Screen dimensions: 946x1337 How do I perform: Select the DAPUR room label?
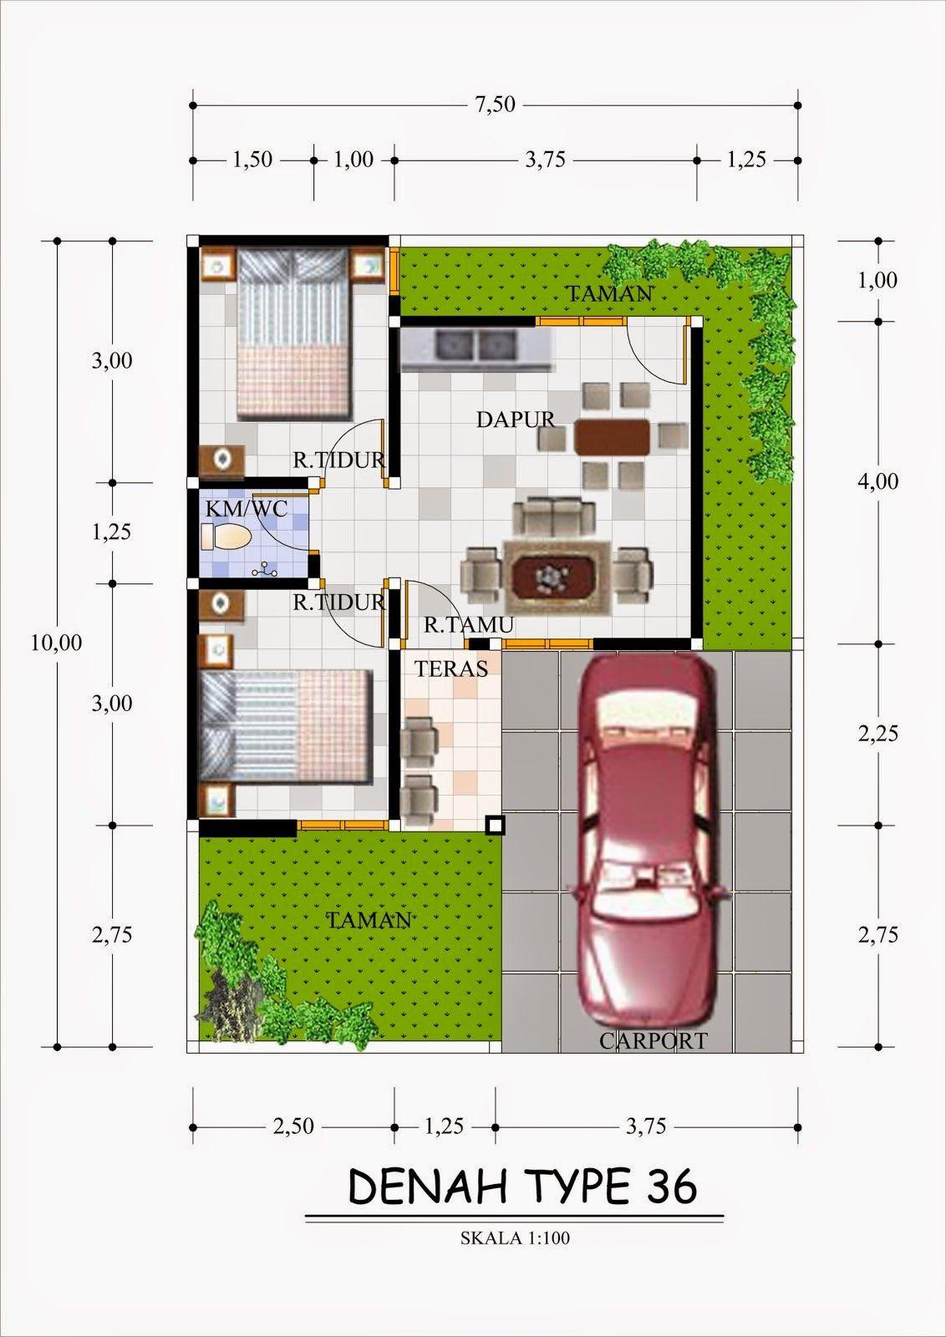516,419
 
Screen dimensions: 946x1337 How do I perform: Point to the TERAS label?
451,668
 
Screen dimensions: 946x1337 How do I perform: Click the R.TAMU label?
469,624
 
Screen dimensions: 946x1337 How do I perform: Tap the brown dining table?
612,438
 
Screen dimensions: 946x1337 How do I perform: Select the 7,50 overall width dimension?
495,104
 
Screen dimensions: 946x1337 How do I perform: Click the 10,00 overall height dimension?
57,643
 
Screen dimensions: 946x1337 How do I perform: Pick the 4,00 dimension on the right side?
877,481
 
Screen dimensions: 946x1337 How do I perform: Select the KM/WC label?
247,509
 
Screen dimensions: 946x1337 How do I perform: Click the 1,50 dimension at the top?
252,160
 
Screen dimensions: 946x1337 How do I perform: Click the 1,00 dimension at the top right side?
877,280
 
